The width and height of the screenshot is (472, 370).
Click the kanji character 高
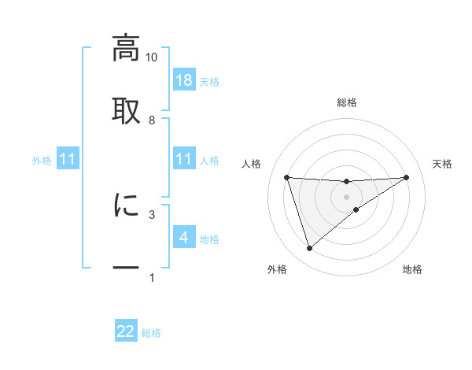(x=126, y=48)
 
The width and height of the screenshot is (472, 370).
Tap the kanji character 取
(x=126, y=109)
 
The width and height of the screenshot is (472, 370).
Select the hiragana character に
(x=126, y=205)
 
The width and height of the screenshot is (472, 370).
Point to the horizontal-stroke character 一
(x=126, y=268)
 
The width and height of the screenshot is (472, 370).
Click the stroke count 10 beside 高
(x=151, y=57)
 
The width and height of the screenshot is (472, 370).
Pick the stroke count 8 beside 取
(x=151, y=120)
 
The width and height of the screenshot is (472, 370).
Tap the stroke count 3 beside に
(x=151, y=213)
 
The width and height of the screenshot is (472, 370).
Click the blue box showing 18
(x=184, y=80)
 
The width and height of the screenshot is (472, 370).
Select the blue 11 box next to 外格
(x=68, y=159)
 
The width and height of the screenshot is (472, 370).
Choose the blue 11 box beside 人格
(x=184, y=159)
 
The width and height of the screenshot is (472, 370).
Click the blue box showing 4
(x=184, y=237)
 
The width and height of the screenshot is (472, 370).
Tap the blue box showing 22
(x=126, y=331)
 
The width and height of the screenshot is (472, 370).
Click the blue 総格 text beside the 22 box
(x=151, y=333)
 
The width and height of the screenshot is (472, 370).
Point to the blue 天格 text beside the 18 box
(x=209, y=81)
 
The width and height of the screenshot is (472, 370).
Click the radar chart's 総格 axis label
(x=347, y=102)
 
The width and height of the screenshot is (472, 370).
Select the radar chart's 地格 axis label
(x=412, y=270)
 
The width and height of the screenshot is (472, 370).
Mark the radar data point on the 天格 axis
(x=407, y=177)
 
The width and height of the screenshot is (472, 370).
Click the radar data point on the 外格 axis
(x=309, y=249)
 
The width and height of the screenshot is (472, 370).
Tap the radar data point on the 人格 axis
(x=287, y=177)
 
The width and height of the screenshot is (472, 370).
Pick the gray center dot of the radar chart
(x=347, y=196)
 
